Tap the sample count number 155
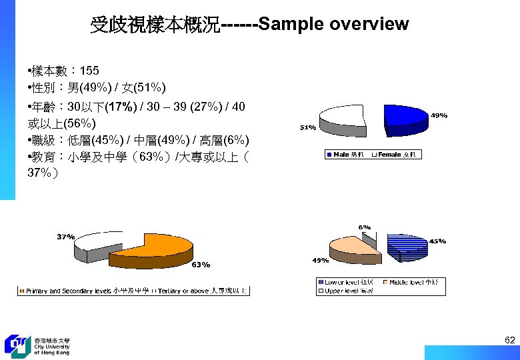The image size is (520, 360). coord(89,71)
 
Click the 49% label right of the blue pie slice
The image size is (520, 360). coord(439,115)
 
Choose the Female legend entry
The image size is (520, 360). coord(396,155)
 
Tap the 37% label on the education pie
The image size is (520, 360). coord(65,237)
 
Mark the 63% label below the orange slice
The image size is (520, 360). coord(201,265)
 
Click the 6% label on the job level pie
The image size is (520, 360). coord(365,227)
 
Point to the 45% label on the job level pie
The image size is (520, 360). coord(437,241)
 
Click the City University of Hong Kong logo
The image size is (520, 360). coord(37,345)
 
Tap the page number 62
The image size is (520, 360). coord(509,341)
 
